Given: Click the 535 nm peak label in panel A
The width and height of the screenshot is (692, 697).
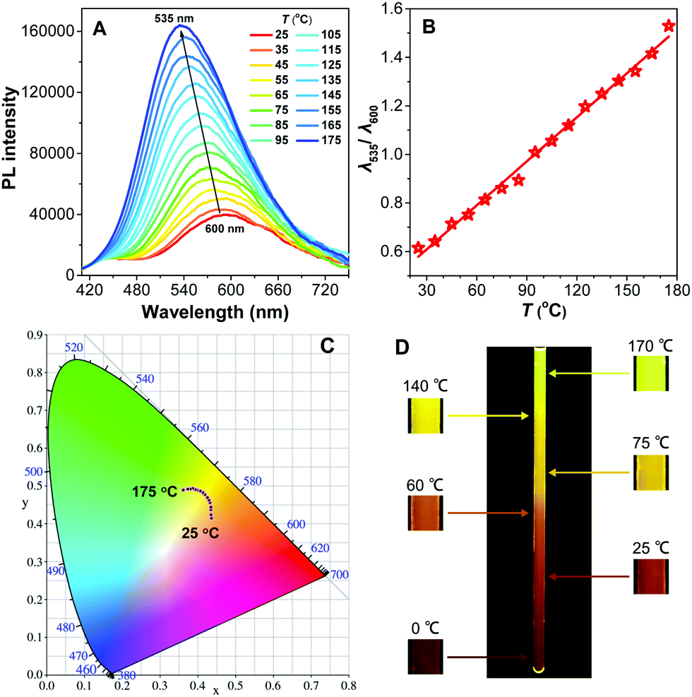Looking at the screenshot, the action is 174,18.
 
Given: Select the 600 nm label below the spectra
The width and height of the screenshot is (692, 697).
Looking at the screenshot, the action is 225,229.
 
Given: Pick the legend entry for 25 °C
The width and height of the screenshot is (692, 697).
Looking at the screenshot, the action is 269,34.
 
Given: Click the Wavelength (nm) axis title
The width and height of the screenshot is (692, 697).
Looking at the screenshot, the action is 215,311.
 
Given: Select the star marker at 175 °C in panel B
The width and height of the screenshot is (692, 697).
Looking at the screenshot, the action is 669,26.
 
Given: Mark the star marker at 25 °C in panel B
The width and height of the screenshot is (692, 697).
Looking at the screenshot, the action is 418,248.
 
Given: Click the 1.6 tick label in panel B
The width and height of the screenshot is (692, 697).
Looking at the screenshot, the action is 391,9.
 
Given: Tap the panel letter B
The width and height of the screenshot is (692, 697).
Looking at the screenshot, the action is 429,28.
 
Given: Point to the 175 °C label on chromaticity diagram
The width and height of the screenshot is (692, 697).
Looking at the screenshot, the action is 155,492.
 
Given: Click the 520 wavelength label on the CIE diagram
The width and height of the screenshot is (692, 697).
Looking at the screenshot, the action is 73,347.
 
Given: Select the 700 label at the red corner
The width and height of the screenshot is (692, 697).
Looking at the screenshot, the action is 340,574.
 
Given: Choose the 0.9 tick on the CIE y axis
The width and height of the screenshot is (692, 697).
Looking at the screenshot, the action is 35,335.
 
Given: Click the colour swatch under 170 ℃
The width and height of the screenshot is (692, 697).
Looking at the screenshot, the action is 651,373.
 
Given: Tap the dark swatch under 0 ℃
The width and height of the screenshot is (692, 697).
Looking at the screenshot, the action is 425,657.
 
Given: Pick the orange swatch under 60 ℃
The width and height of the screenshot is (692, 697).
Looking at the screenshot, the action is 425,513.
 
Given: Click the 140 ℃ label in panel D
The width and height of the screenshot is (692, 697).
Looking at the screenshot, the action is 425,386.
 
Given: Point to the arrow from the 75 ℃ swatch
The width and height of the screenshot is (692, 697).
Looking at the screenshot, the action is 590,473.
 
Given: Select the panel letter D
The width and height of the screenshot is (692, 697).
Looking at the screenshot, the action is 402,347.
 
